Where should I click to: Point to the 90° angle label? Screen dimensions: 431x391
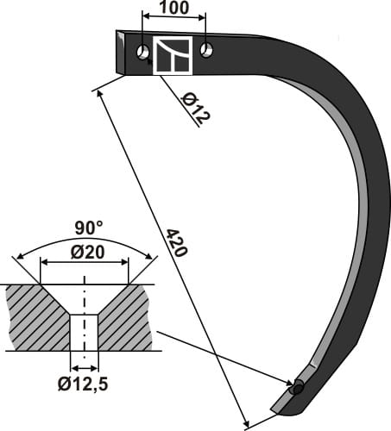pyautogui.click(x=86, y=229)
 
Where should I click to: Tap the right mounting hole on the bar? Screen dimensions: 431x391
pyautogui.click(x=206, y=50)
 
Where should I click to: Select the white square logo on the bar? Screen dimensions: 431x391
pyautogui.click(x=173, y=56)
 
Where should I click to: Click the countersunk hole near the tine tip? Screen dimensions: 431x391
pyautogui.click(x=297, y=387)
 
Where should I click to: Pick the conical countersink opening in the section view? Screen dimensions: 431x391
pyautogui.click(x=85, y=297)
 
